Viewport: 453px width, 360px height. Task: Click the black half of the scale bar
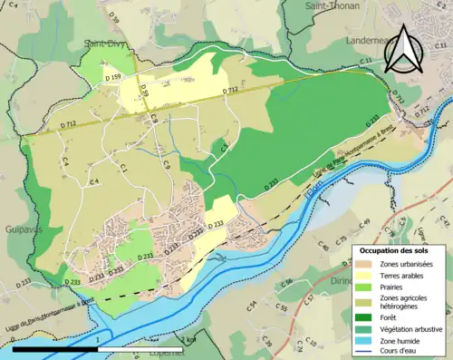pyautogui.click(x=55, y=348)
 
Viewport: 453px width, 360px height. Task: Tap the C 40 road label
pyautogui.click(x=323, y=246)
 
